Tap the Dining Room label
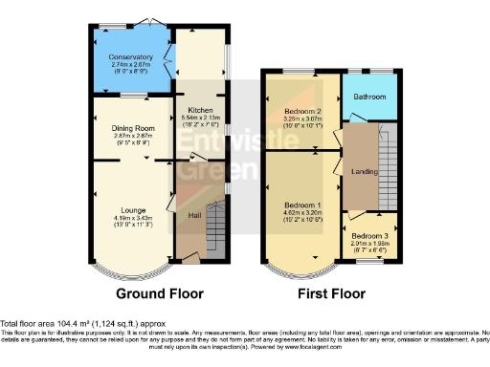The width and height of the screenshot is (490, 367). tap(132, 127)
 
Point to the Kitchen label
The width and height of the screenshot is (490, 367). tap(200, 110)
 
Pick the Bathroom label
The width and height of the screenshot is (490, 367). tap(368, 96)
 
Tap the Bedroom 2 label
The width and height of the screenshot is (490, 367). tap(302, 111)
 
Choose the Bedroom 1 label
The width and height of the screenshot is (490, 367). tap(301, 205)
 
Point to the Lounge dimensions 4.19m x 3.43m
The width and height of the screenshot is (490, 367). tap(133, 216)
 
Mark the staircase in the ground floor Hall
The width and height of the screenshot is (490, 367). tap(216, 230)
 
